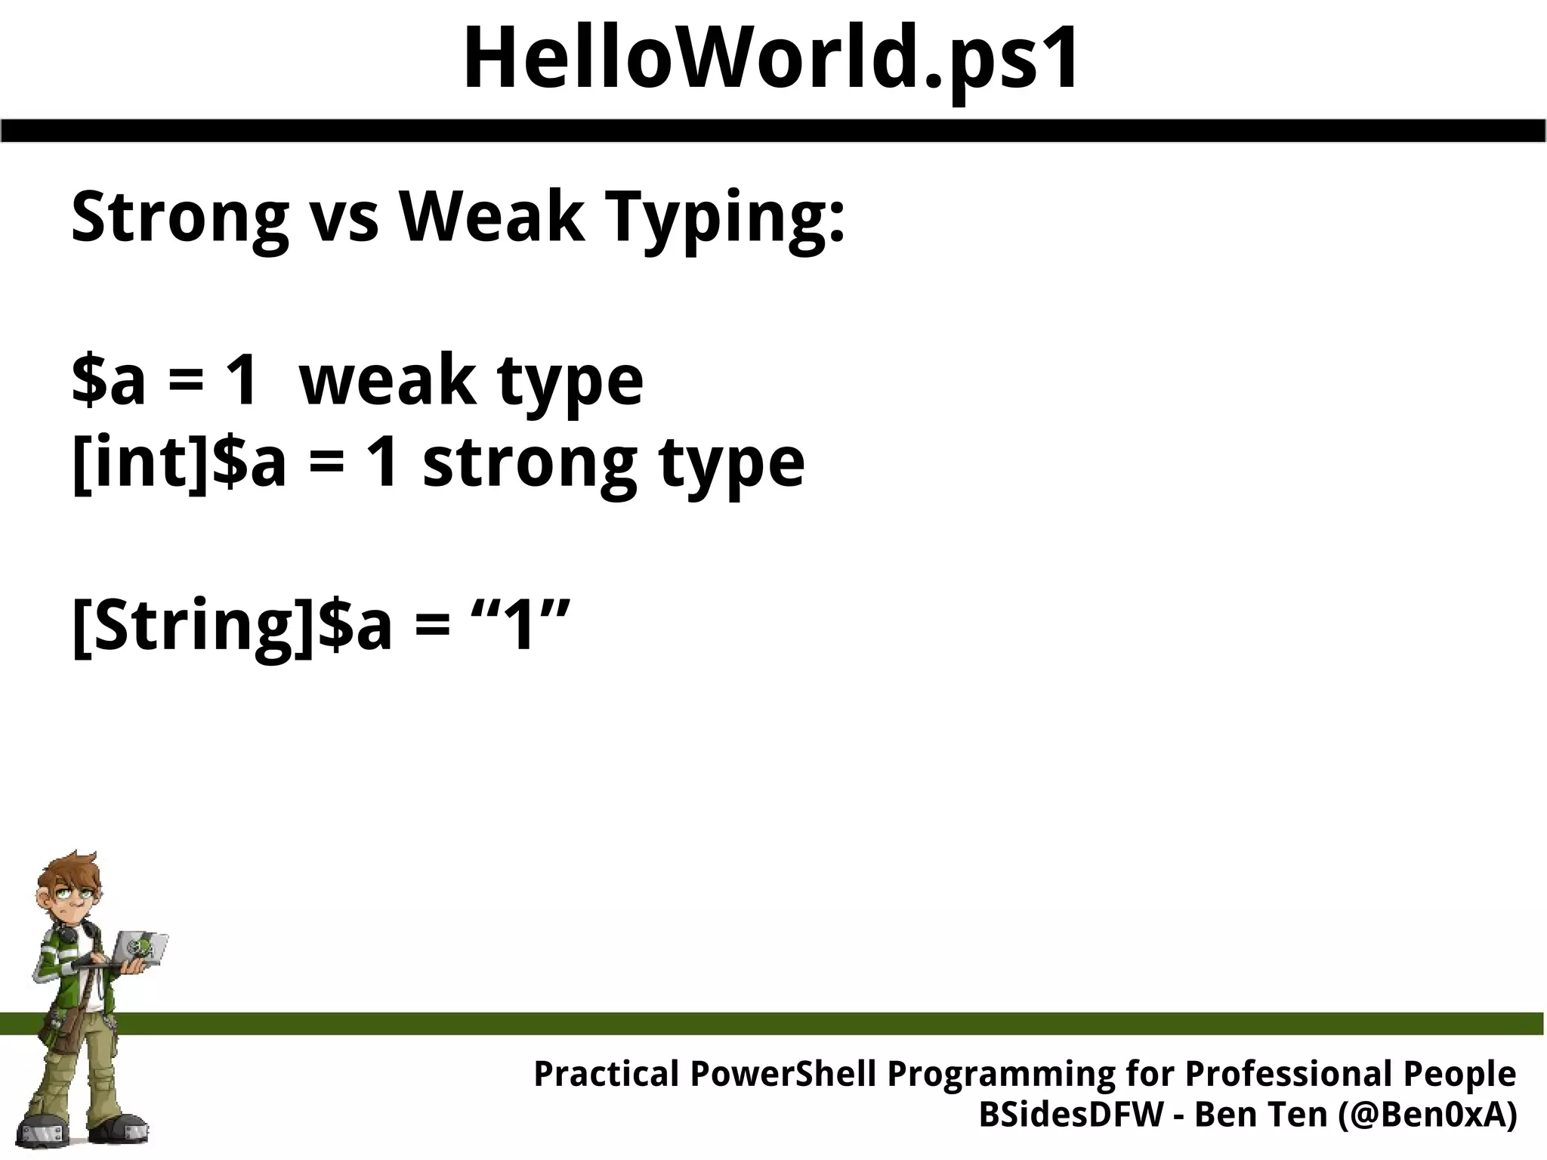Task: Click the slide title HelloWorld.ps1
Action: (770, 59)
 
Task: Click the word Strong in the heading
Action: (180, 219)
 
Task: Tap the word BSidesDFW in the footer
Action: (1070, 1115)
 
